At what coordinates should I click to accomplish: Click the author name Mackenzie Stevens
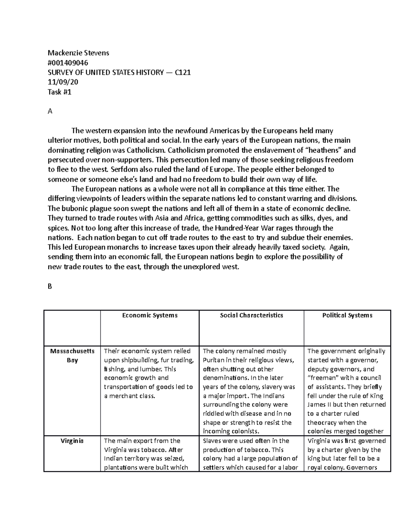point(78,53)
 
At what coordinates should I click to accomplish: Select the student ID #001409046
point(68,63)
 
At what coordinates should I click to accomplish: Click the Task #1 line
point(60,92)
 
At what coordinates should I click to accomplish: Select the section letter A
point(50,111)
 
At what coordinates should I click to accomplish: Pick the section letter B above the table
point(50,286)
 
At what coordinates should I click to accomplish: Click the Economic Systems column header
point(150,315)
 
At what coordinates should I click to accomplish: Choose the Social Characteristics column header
point(251,315)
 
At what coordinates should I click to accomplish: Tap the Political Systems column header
point(347,315)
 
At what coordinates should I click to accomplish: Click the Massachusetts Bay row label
point(72,356)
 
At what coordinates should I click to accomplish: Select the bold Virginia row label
point(72,441)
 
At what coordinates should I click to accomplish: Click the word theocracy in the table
point(322,423)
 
